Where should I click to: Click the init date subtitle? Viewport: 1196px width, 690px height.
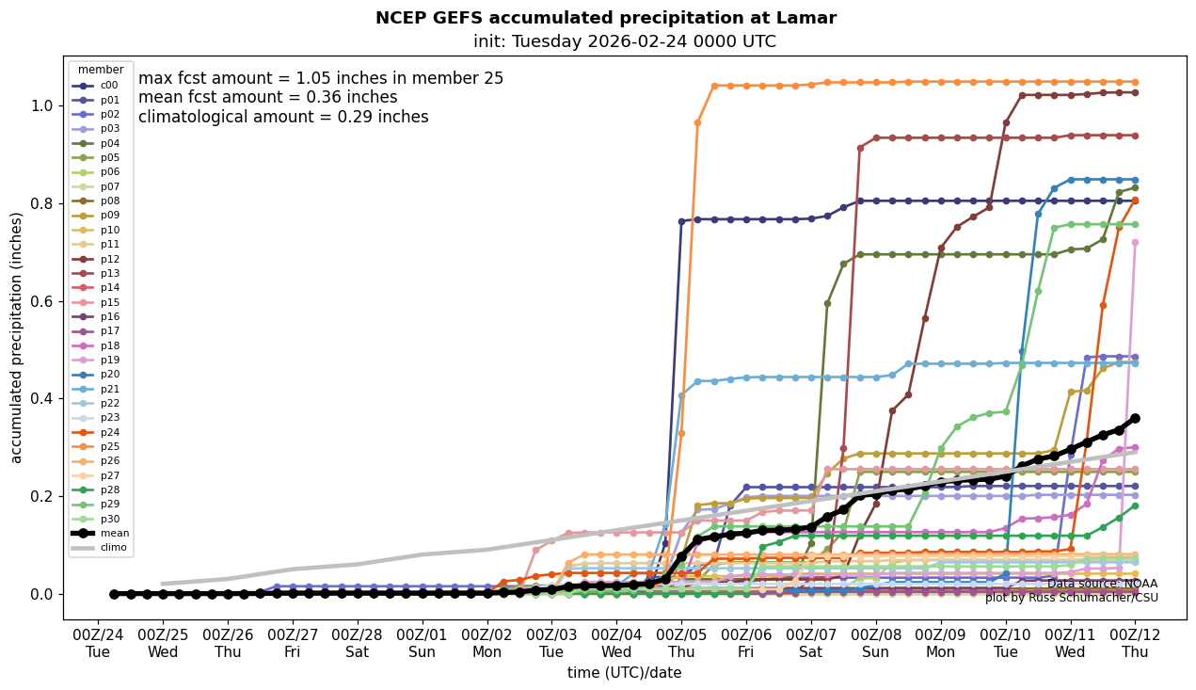pyautogui.click(x=624, y=41)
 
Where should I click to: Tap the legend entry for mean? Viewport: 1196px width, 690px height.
pyautogui.click(x=114, y=534)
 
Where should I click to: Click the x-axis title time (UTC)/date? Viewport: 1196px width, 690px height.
pyautogui.click(x=624, y=673)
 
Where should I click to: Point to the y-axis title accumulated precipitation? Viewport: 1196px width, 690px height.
pyautogui.click(x=16, y=337)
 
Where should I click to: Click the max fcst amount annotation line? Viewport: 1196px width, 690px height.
pyautogui.click(x=321, y=79)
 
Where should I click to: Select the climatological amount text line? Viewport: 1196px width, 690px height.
pyautogui.click(x=283, y=118)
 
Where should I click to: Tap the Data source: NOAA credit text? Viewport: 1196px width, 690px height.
pyautogui.click(x=1102, y=585)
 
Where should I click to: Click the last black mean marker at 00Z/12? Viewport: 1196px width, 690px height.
pyautogui.click(x=1135, y=418)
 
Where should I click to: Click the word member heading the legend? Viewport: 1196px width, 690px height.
pyautogui.click(x=101, y=70)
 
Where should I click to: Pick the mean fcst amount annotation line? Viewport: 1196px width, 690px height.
pyautogui.click(x=267, y=98)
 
